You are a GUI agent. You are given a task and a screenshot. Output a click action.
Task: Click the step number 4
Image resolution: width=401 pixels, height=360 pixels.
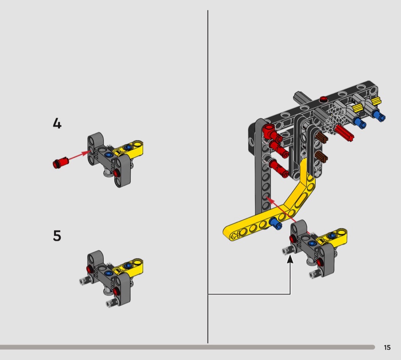[x=57, y=123]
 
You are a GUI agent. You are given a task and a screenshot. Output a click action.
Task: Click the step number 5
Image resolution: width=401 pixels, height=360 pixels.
[x=57, y=236]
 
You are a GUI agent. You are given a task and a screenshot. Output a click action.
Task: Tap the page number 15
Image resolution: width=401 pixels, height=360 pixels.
[x=387, y=347]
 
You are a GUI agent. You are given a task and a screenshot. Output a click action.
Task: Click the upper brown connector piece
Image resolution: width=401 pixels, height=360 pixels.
[x=322, y=138]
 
